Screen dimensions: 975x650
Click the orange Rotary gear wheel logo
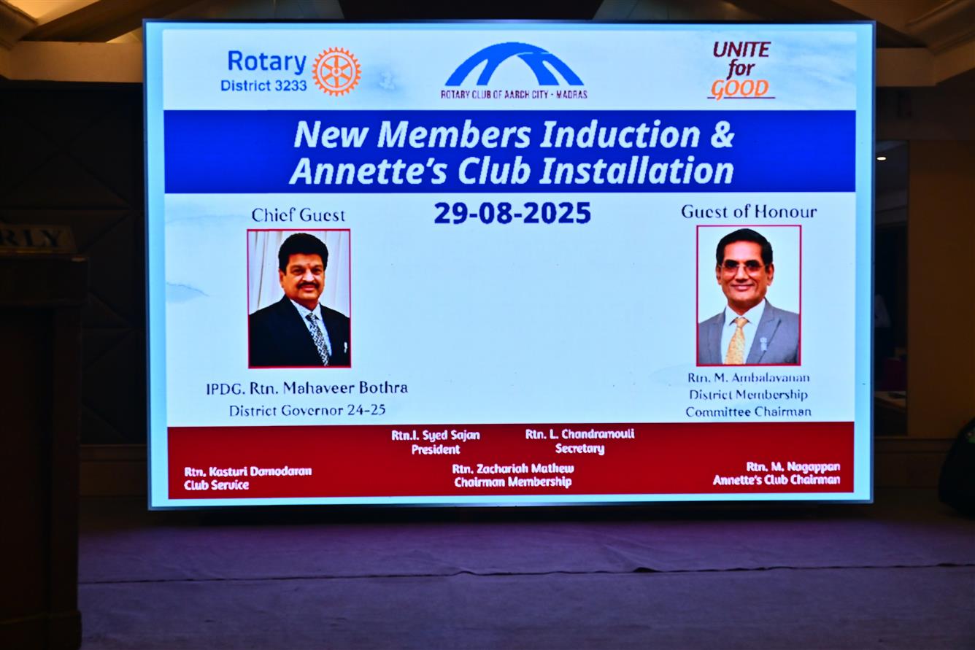336,71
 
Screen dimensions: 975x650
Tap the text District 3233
263,85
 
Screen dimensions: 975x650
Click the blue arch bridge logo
514,64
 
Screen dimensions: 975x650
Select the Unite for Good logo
741,70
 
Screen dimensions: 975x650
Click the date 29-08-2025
512,213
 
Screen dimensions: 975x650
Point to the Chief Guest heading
298,215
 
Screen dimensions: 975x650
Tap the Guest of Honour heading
749,212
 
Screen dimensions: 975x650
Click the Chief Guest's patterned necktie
318,338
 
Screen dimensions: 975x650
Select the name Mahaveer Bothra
345,388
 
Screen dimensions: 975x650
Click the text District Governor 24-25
307,411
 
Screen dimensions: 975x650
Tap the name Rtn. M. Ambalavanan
749,378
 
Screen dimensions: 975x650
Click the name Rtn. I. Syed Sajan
435,435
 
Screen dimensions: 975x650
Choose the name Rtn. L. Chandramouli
579,434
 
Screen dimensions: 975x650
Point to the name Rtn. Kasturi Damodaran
247,471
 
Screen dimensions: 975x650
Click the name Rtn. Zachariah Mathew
513,468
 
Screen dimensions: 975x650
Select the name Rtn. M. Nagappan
793,467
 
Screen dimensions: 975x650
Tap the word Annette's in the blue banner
369,170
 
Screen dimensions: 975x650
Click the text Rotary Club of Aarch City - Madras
514,94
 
